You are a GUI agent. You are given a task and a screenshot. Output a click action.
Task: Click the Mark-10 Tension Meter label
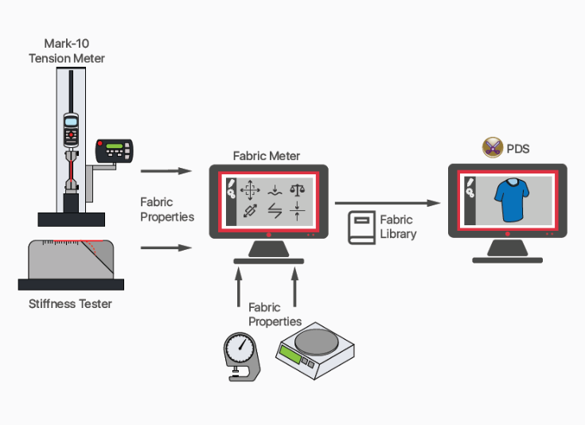coord(67,51)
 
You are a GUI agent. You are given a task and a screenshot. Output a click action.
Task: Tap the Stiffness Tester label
coord(70,304)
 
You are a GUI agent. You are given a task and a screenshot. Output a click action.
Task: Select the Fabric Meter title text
coord(267,156)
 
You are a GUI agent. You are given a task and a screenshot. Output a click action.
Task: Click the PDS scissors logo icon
coord(493,147)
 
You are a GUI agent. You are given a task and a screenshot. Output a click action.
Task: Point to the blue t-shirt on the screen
coord(512,200)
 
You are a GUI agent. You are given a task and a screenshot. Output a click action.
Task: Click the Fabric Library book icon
coord(361,228)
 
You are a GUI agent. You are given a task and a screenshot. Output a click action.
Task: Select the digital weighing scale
coord(315,351)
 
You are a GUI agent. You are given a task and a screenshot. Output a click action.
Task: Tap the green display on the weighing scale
coord(291,353)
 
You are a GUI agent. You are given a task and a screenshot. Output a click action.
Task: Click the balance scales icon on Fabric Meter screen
coord(297,189)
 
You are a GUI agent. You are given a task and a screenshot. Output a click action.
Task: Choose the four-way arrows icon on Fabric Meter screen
coord(250,190)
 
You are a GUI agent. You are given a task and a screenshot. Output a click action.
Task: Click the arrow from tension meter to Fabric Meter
coord(166,171)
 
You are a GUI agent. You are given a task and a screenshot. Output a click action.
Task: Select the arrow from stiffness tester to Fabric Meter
coord(166,248)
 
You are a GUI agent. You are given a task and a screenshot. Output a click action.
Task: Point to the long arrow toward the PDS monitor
coord(388,203)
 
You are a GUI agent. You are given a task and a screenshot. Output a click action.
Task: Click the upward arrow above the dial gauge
coord(239,287)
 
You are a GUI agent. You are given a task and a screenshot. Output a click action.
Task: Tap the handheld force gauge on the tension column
coord(71,130)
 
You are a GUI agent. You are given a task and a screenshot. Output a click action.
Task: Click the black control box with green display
coord(114,150)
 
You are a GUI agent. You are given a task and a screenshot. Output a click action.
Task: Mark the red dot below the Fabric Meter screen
coord(269,235)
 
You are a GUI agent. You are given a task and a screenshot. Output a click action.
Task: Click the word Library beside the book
coord(398,234)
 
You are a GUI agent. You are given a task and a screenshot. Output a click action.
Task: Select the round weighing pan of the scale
coord(317,341)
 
